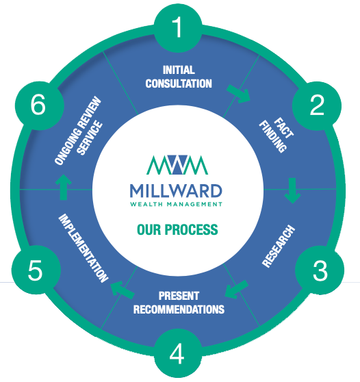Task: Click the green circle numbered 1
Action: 178,27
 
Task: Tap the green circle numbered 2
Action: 317,105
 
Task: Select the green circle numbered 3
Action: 320,270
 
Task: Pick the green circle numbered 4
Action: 178,353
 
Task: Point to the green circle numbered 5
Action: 36,270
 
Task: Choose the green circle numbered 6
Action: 39,105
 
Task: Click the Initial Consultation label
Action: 179,77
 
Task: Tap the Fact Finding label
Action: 277,136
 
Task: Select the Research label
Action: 279,246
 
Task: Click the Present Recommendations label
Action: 179,303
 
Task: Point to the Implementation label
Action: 83,248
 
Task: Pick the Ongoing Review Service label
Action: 79,131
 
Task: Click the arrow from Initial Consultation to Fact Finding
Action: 238,94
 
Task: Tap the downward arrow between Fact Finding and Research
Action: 292,191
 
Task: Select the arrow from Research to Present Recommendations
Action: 236,290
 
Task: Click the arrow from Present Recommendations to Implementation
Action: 123,290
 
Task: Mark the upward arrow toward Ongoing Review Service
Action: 64,187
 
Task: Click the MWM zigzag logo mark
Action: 177,165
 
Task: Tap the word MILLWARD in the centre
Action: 176,191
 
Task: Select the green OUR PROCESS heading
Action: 177,229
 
